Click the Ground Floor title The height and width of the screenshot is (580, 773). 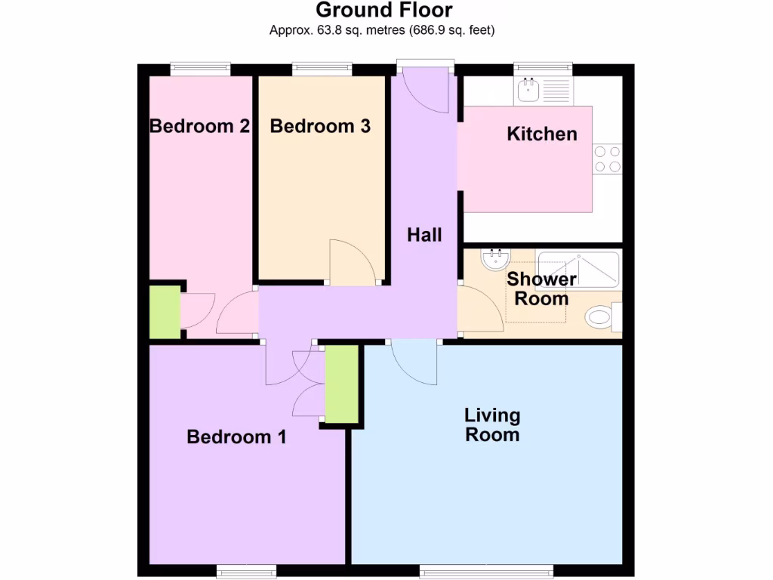[383, 11]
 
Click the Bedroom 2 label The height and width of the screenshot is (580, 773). [199, 126]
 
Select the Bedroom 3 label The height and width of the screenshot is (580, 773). [320, 126]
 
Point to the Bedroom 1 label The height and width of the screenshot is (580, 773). [236, 437]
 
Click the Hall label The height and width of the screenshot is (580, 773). [424, 235]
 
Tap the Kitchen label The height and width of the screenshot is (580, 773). [542, 134]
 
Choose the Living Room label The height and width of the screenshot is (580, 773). [492, 424]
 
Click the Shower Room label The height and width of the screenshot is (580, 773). [541, 288]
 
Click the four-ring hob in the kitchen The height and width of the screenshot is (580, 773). [608, 159]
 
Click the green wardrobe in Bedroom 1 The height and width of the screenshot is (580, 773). [341, 384]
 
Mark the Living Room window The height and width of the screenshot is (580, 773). [486, 569]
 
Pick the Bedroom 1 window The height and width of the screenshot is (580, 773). [245, 569]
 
